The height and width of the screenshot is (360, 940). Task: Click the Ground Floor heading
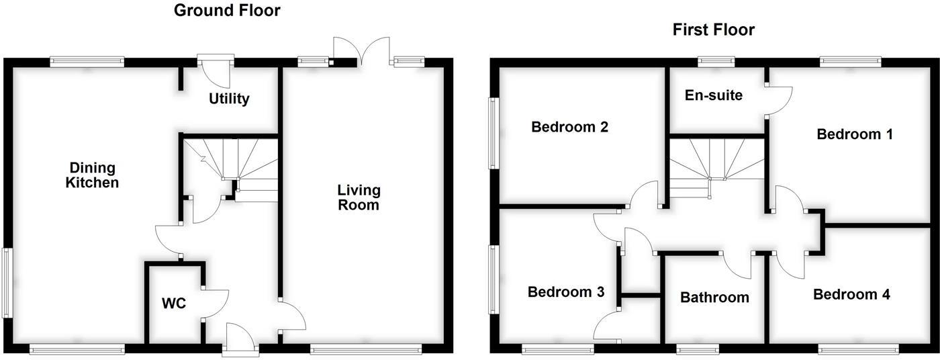point(227,11)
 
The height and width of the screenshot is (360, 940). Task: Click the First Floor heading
point(713,30)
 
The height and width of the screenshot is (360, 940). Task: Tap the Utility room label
point(229,99)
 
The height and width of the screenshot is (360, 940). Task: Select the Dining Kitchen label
point(93,175)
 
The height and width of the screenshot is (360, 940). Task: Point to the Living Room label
point(359,197)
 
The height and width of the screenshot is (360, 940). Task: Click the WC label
point(174,303)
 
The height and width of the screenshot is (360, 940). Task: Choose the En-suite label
point(713,95)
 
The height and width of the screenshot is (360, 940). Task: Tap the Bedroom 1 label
point(854,134)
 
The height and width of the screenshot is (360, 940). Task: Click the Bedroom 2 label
point(569,127)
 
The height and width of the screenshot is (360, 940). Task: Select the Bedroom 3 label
point(565,291)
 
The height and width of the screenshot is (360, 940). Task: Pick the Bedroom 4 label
point(851,294)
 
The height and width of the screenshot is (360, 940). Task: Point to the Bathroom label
point(714,298)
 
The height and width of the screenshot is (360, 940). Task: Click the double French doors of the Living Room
point(362,51)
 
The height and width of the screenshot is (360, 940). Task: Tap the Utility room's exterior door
point(216,71)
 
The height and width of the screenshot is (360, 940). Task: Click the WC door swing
point(215,305)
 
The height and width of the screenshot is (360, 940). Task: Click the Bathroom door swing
point(737,265)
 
